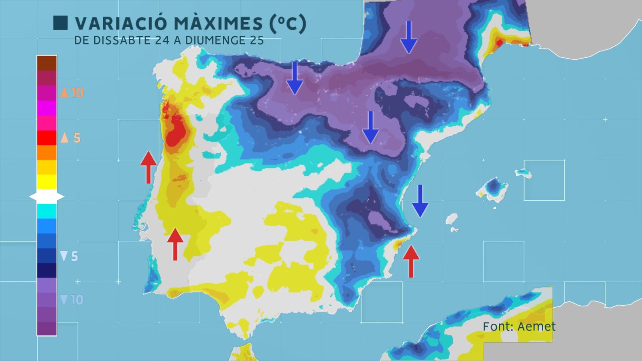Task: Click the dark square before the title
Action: pos(61,23)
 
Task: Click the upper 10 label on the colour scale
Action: pos(77,93)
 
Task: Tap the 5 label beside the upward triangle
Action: pos(77,138)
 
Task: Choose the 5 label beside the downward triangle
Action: pos(74,256)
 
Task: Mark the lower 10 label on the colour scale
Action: pos(77,300)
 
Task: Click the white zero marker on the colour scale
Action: pos(47,197)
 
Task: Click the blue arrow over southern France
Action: pos(409,37)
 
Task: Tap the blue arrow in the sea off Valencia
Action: pos(420,201)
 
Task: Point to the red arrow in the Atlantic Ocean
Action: pos(148,167)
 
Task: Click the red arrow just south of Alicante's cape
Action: pos(411,261)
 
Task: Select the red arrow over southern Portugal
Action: pos(175,244)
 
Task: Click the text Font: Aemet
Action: pos(519,327)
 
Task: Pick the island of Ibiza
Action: pos(452,219)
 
